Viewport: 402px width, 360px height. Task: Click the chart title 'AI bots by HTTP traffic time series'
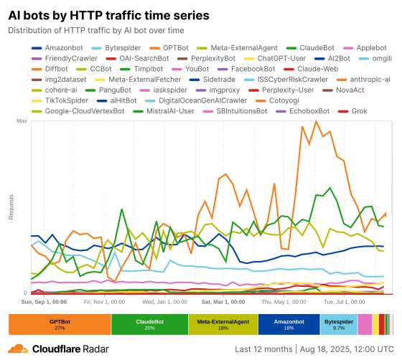click(x=109, y=14)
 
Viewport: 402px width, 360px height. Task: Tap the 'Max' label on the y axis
click(x=22, y=121)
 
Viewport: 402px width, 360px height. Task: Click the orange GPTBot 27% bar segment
click(x=60, y=325)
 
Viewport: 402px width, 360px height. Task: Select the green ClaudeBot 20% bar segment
click(x=149, y=325)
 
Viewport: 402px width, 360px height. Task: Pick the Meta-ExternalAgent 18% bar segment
click(x=223, y=325)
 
